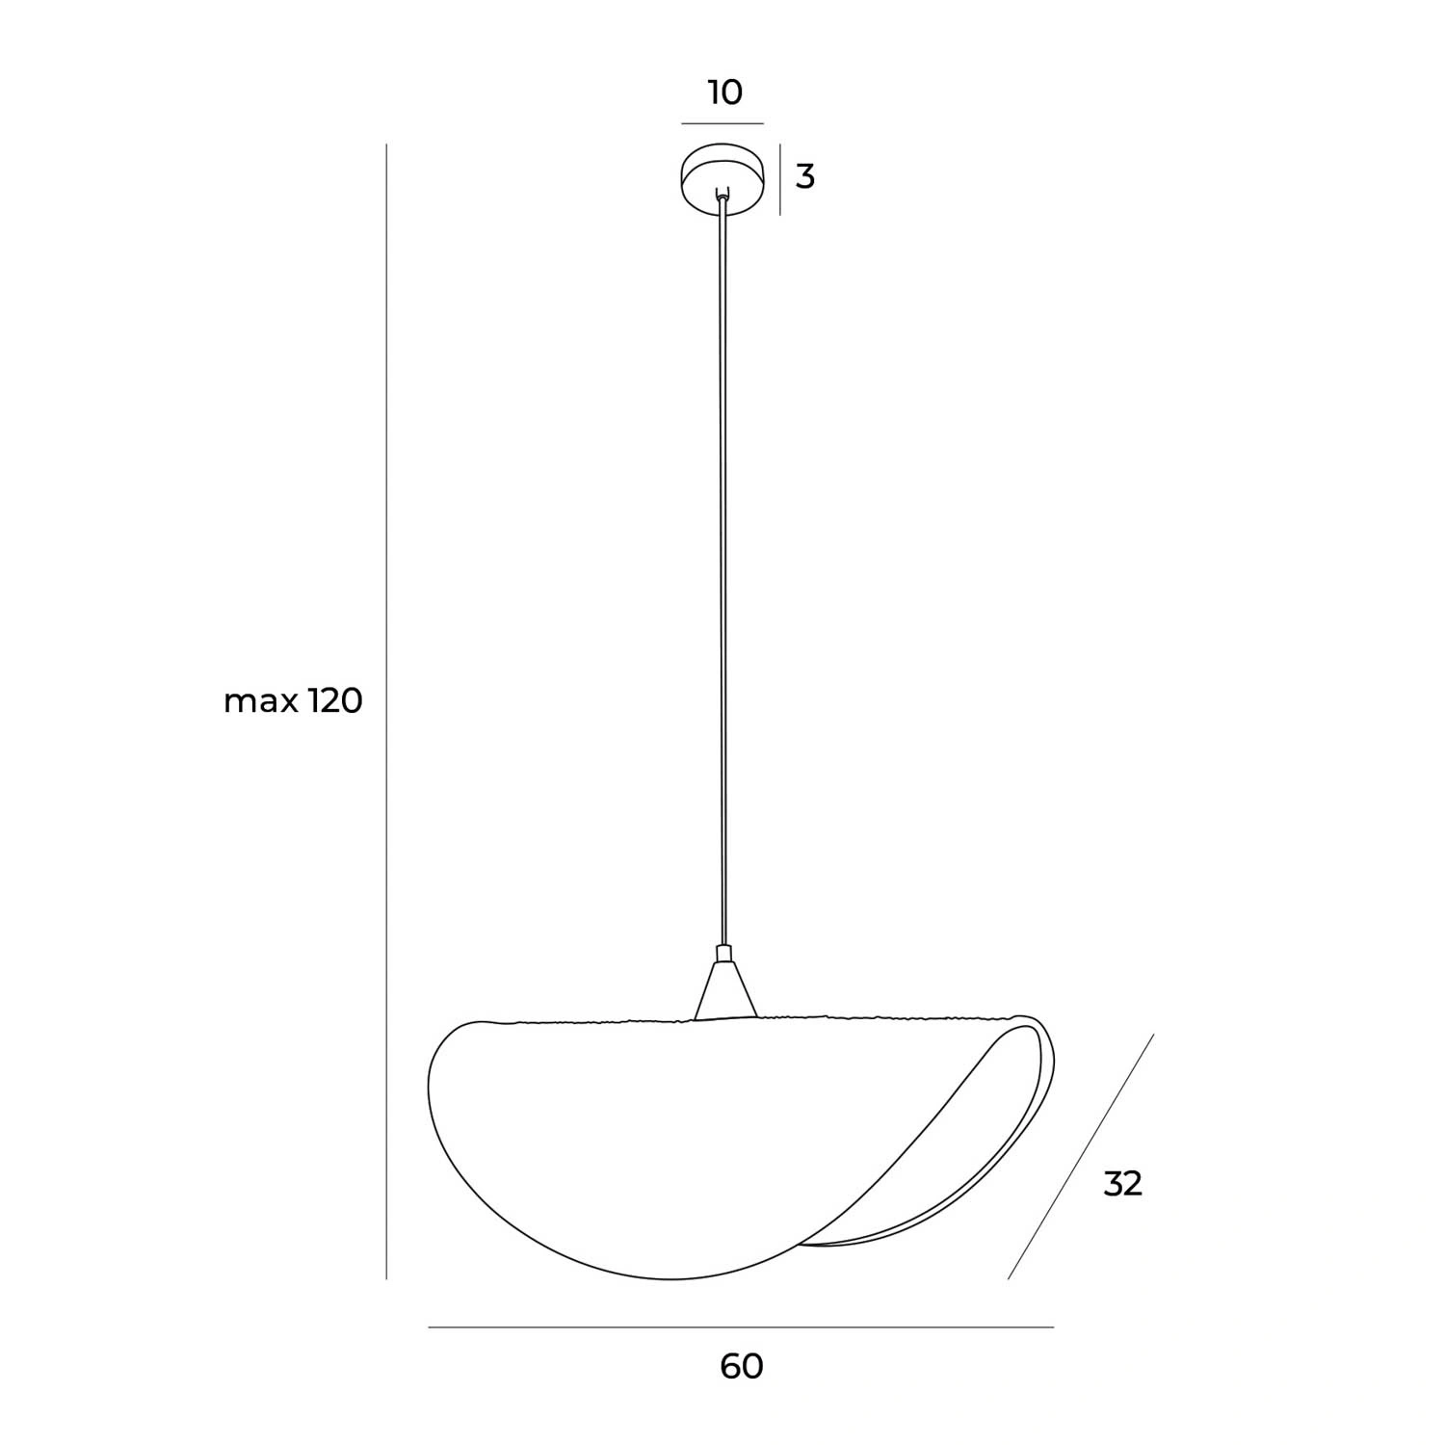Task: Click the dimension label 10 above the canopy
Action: coord(725,93)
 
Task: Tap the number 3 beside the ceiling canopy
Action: coord(805,177)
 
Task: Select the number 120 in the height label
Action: coord(335,701)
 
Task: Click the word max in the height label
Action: coord(261,703)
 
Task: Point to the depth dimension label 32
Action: coord(1122,1184)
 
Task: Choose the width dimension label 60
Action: coord(742,1366)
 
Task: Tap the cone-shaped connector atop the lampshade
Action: coord(725,990)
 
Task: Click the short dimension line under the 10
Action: coord(722,124)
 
